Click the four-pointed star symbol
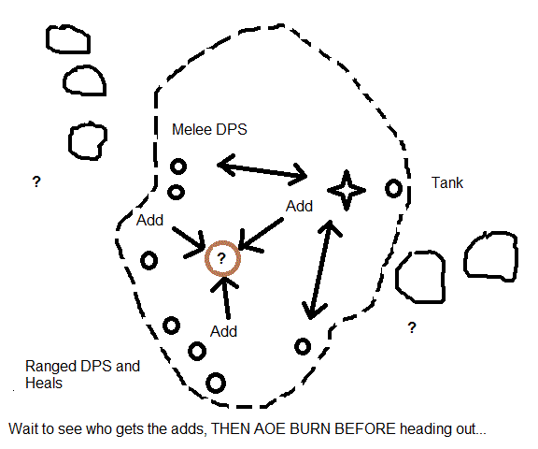347,190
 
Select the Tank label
447,182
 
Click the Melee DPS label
209,129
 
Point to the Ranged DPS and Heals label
82,374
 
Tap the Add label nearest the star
299,206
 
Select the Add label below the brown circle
223,331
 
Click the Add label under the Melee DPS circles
149,220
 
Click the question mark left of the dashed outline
36,181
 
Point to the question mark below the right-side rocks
412,327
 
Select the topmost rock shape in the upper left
68,38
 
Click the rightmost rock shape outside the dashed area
490,256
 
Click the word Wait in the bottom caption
22,429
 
